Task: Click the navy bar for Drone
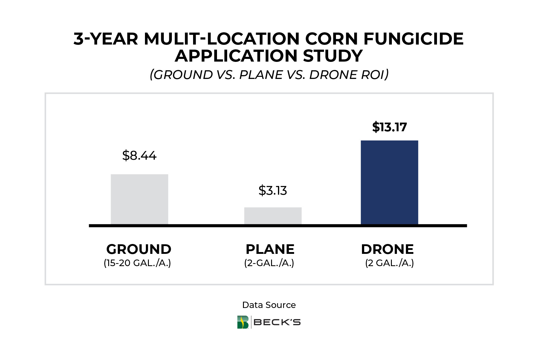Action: [389, 182]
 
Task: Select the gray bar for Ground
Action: [139, 199]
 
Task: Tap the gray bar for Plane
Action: [273, 216]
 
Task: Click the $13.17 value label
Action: [389, 127]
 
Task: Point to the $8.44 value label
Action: [139, 155]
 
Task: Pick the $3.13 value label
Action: [273, 190]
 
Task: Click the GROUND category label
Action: [139, 249]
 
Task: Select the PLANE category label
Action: [270, 249]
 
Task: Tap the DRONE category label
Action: [387, 249]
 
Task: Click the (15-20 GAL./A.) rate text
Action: [137, 263]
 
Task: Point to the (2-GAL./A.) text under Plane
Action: [269, 263]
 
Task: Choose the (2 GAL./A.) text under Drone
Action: [389, 263]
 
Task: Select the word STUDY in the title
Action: [333, 56]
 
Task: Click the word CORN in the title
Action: [331, 39]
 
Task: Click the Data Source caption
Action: [269, 305]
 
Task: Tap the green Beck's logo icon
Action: [243, 322]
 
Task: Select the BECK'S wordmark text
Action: [277, 322]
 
